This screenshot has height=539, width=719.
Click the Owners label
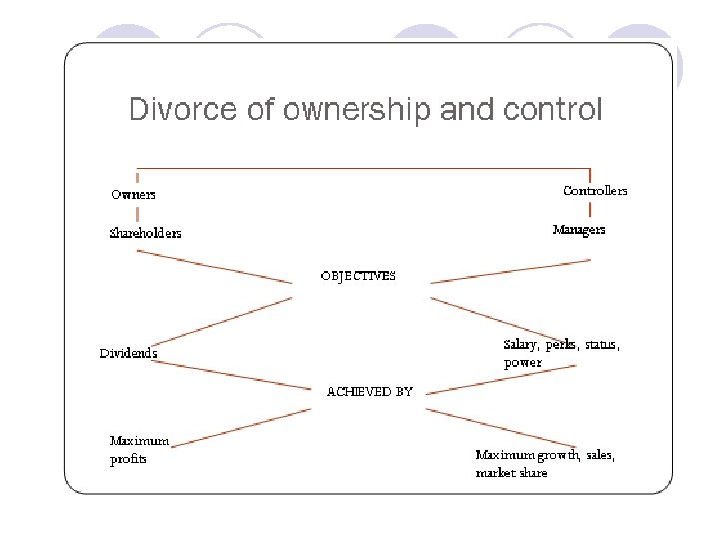point(133,194)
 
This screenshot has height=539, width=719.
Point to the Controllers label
point(595,190)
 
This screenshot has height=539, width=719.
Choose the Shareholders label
point(146,233)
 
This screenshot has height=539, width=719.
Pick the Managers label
point(579,230)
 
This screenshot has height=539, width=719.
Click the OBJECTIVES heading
point(358,275)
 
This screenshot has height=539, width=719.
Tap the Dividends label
point(128,353)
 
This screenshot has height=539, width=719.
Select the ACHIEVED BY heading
point(369,392)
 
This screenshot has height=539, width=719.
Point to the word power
point(522,363)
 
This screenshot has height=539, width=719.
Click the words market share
point(511,472)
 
